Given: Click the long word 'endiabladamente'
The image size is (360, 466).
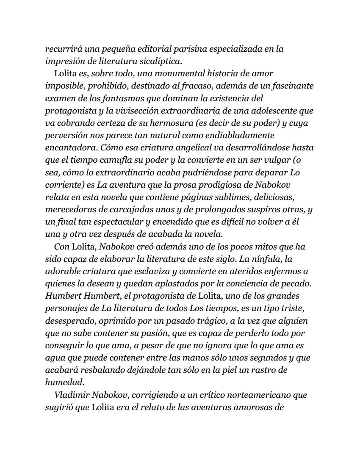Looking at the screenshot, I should pyautogui.click(x=241, y=135).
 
